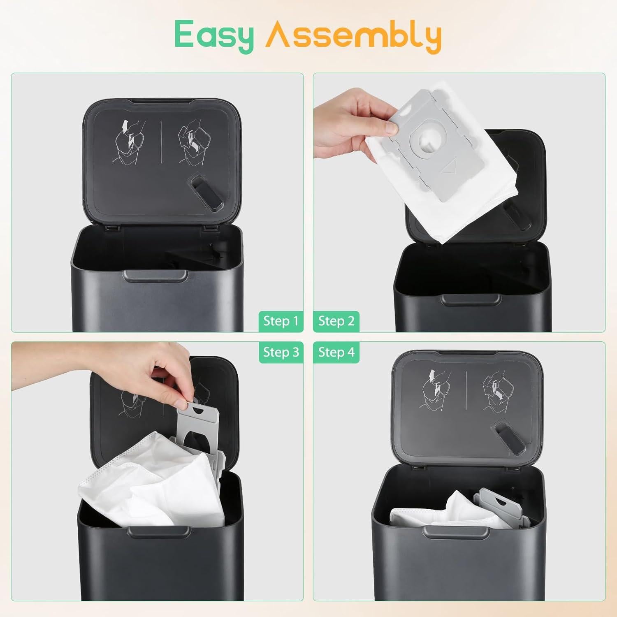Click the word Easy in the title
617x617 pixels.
(x=214, y=36)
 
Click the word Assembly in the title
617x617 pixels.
(x=353, y=36)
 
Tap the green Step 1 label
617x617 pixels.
(x=281, y=321)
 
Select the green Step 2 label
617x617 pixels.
(x=336, y=321)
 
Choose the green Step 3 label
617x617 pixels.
(x=281, y=353)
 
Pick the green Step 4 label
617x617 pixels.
(x=336, y=353)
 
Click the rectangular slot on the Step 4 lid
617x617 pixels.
(x=507, y=436)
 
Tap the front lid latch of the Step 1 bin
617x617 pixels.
(x=155, y=276)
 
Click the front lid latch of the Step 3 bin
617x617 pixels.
(x=158, y=531)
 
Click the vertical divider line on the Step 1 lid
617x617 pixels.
(x=161, y=142)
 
